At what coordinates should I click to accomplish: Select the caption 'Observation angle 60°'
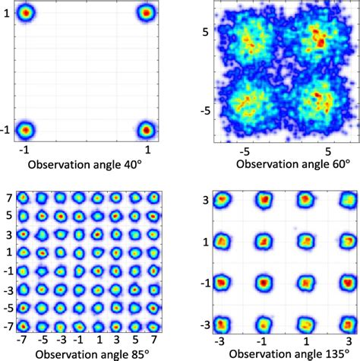pos(292,163)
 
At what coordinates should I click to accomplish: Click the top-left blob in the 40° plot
pos(25,13)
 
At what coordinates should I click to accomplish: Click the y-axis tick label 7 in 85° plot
pos(6,199)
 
